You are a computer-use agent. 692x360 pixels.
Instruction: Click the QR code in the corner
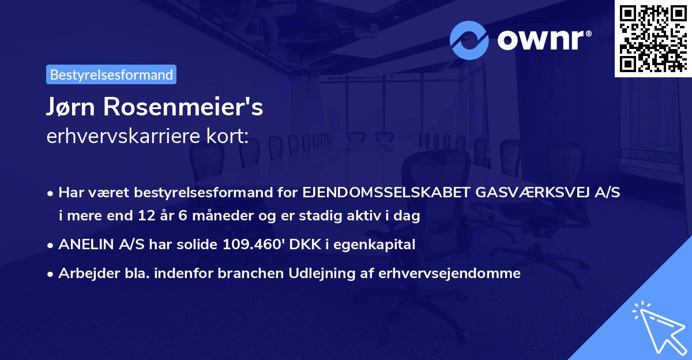tap(653, 39)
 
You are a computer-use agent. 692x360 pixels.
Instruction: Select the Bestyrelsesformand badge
tap(111, 74)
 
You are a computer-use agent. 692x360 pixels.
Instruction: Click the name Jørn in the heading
tap(74, 107)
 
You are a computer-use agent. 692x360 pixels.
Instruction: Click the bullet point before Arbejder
tap(51, 274)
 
